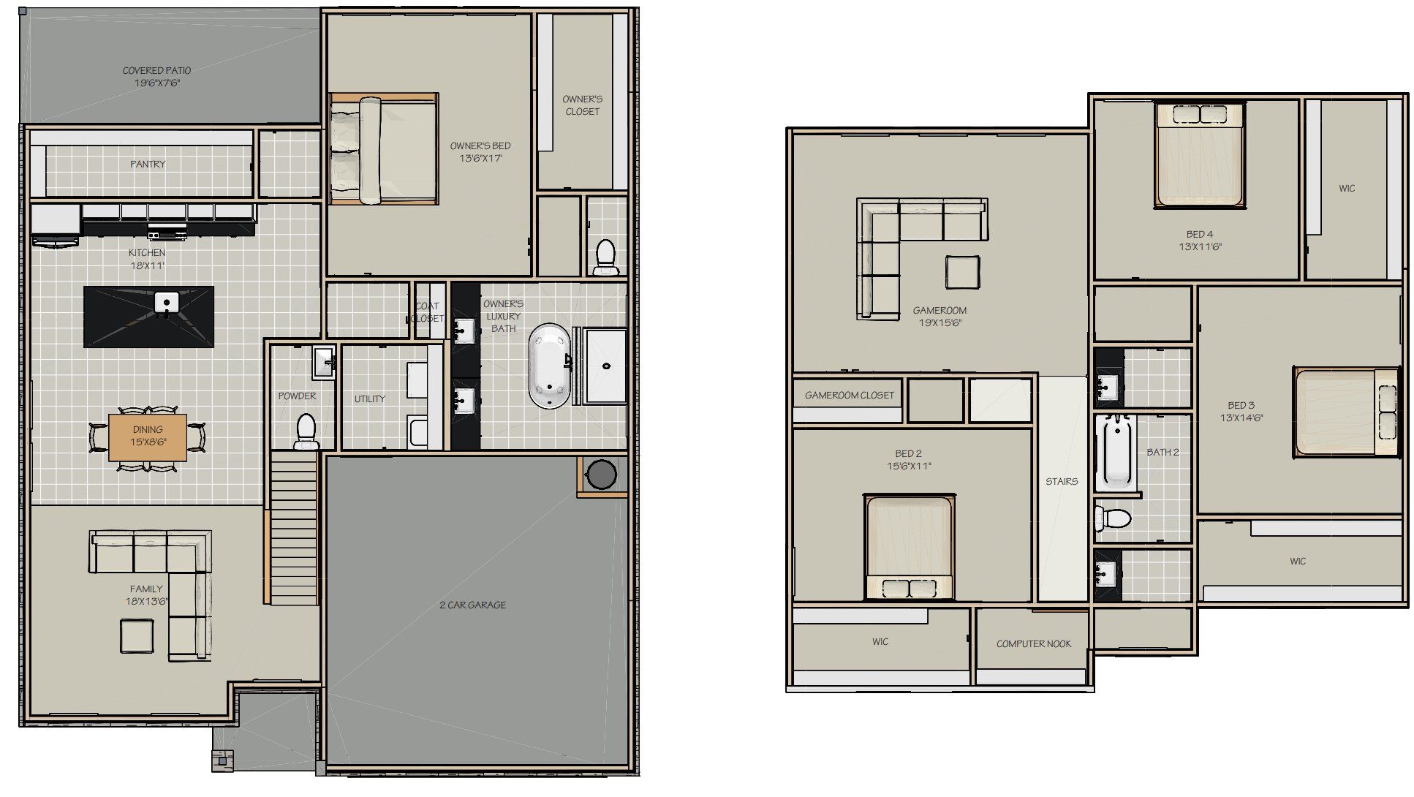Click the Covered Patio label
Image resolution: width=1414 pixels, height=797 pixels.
tap(156, 77)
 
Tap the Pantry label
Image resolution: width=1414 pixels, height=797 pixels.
tap(148, 164)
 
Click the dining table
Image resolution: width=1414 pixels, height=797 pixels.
tap(148, 437)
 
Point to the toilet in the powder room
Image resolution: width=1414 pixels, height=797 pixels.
tap(306, 431)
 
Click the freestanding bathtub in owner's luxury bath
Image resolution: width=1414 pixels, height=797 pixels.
tap(549, 366)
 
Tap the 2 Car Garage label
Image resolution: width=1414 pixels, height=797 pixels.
tap(472, 605)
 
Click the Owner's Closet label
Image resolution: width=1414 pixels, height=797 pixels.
tap(582, 105)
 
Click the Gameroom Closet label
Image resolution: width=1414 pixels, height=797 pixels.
tap(849, 395)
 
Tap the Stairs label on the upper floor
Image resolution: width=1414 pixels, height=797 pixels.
tap(1062, 481)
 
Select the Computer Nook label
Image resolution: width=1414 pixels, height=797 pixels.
tap(1033, 644)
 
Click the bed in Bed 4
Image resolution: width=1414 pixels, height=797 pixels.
tap(1199, 156)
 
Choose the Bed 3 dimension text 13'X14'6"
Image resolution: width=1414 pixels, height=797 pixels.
tap(1241, 418)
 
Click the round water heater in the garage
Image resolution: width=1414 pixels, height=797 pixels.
tap(601, 474)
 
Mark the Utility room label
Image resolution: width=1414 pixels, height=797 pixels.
tap(369, 398)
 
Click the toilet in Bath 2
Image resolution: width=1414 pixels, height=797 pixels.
tap(1113, 518)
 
